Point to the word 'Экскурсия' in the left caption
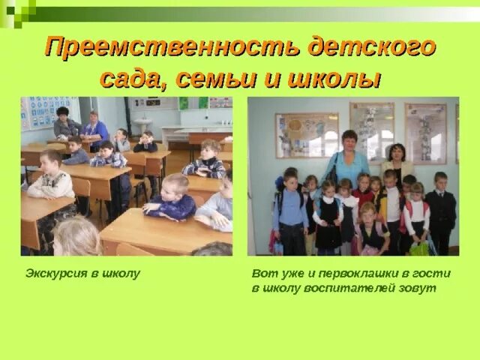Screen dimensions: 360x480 pyautogui.click(x=57, y=274)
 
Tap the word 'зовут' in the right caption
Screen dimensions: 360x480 pyautogui.click(x=419, y=288)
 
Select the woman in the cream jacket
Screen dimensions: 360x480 pyautogui.click(x=397, y=161)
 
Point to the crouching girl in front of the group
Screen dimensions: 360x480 pyautogui.click(x=370, y=229)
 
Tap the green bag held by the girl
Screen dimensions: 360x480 pyautogui.click(x=419, y=247)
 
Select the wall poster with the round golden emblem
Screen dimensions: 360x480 pyautogui.click(x=306, y=135)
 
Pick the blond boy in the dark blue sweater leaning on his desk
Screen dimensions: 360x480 pyautogui.click(x=172, y=199)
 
